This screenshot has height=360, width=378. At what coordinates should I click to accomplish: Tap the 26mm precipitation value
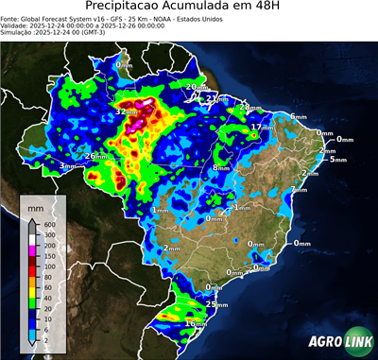95,156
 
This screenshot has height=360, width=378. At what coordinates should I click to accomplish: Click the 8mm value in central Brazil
220,167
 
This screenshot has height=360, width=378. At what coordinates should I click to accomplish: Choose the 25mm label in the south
218,304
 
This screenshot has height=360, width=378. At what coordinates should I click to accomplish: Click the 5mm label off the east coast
337,160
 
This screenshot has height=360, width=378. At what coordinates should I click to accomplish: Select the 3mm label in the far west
67,166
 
